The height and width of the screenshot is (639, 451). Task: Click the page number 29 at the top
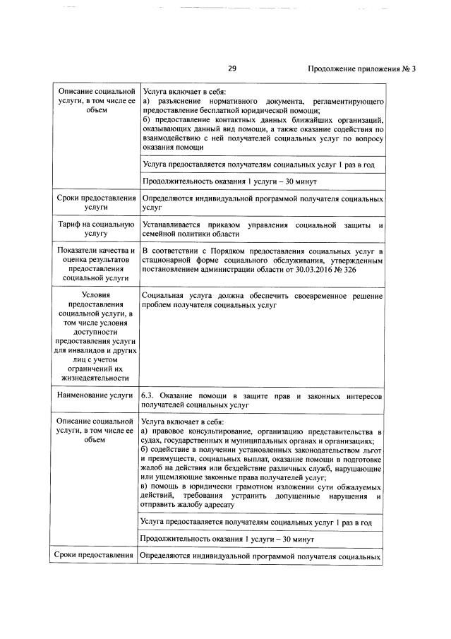click(231, 68)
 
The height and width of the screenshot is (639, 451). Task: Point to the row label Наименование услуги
click(95, 395)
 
